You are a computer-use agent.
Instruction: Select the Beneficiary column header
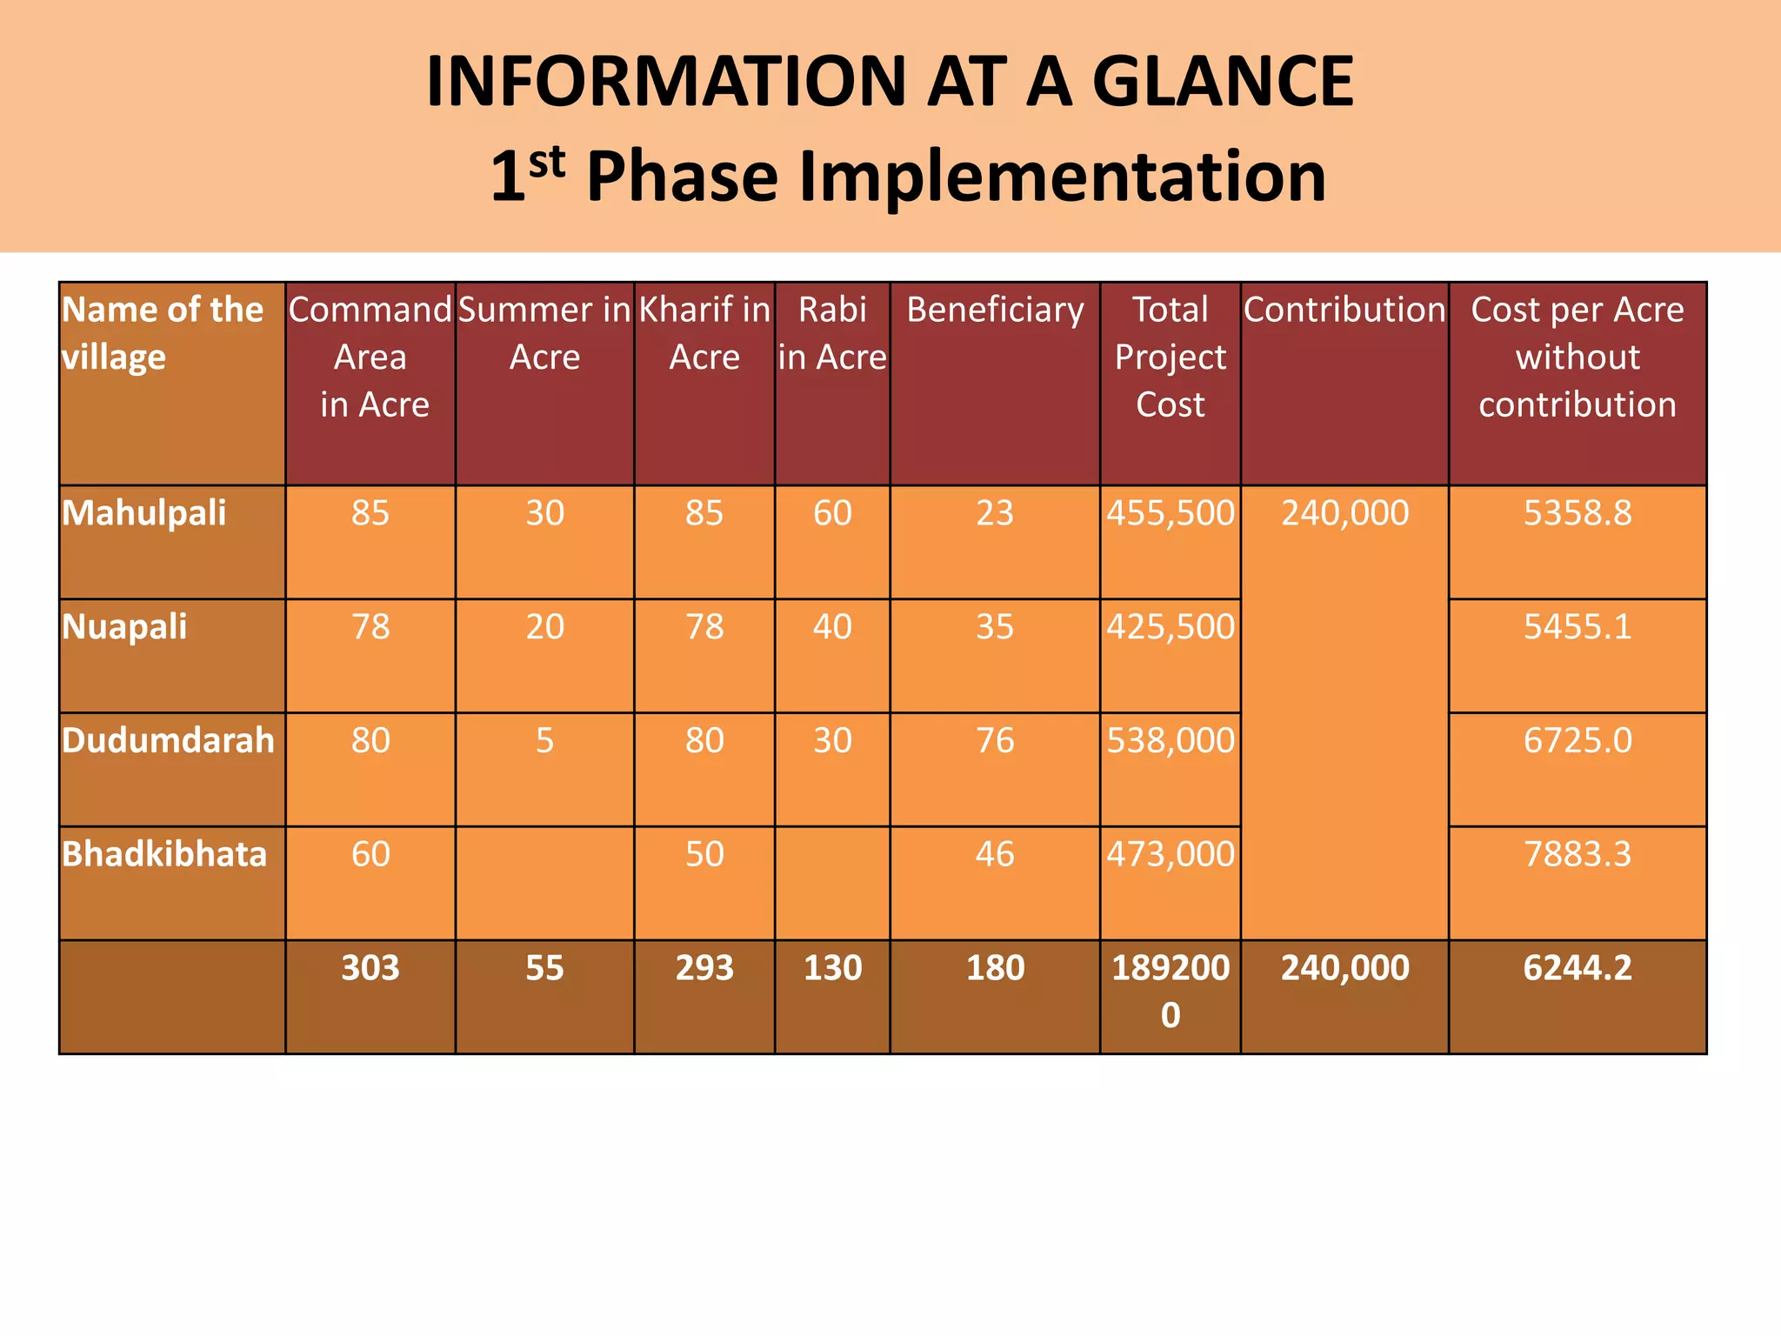click(x=995, y=311)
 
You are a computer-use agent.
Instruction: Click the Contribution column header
click(x=1344, y=311)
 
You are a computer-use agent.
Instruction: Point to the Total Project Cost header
click(x=1170, y=357)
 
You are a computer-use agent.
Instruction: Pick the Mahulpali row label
click(x=144, y=513)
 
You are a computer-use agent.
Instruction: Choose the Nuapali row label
click(x=124, y=627)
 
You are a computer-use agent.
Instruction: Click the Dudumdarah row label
click(x=168, y=740)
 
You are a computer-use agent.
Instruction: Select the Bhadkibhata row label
click(x=164, y=854)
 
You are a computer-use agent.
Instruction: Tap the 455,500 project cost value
click(x=1170, y=513)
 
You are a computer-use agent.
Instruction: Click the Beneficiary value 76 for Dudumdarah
click(x=995, y=740)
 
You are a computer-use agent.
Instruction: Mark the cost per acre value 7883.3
click(x=1577, y=854)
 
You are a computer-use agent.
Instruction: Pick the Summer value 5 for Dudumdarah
click(x=544, y=740)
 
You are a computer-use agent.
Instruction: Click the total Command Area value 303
click(x=370, y=968)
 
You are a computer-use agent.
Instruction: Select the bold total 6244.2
click(x=1577, y=968)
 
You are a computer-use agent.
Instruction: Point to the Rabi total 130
click(x=832, y=968)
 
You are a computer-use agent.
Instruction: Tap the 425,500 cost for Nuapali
click(x=1170, y=627)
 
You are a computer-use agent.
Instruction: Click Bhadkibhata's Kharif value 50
click(x=704, y=854)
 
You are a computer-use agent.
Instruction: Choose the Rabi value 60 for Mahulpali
click(x=832, y=513)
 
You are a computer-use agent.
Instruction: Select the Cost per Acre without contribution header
click(x=1577, y=357)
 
